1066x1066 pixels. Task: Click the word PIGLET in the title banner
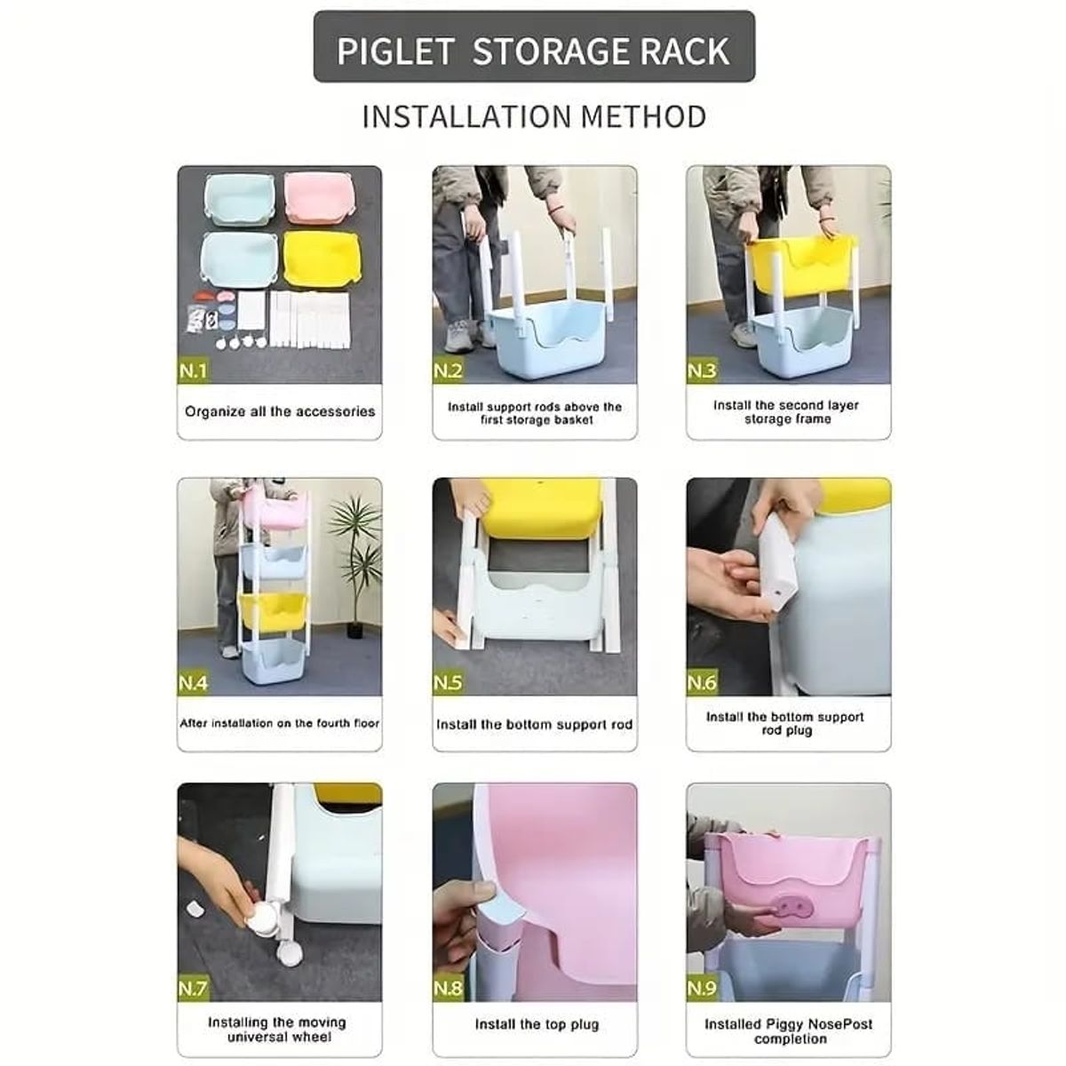pos(396,51)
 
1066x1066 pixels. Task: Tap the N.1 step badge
pos(193,370)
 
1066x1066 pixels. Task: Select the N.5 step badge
pos(448,682)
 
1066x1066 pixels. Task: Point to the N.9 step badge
pos(702,987)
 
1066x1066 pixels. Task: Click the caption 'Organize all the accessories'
pos(280,411)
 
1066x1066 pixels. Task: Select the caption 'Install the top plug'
pos(537,1024)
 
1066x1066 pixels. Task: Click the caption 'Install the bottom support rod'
pos(535,724)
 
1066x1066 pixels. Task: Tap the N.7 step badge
pos(193,987)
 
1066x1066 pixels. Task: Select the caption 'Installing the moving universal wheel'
pos(276,1030)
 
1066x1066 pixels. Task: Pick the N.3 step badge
pos(702,370)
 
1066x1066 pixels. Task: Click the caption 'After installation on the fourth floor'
pos(280,723)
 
